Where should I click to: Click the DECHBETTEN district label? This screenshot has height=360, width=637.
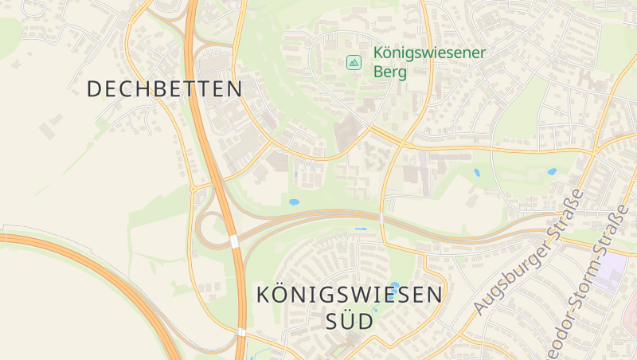[164, 88]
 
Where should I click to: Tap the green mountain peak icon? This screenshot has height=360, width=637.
[354, 61]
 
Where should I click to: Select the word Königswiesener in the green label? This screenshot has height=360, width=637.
[429, 54]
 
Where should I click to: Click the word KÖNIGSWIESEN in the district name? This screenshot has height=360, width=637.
[349, 295]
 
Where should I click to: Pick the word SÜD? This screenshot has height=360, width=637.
[350, 322]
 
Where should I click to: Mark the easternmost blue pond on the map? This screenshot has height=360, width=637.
[551, 171]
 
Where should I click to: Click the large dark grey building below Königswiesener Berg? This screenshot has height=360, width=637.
[347, 132]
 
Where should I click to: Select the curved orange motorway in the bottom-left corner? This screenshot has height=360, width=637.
[104, 271]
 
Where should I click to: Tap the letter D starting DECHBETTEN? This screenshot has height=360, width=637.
[94, 88]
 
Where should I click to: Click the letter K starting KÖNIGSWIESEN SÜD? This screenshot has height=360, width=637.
[264, 295]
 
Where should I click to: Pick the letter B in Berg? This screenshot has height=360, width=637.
[378, 72]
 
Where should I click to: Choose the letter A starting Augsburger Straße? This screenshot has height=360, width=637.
[479, 307]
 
